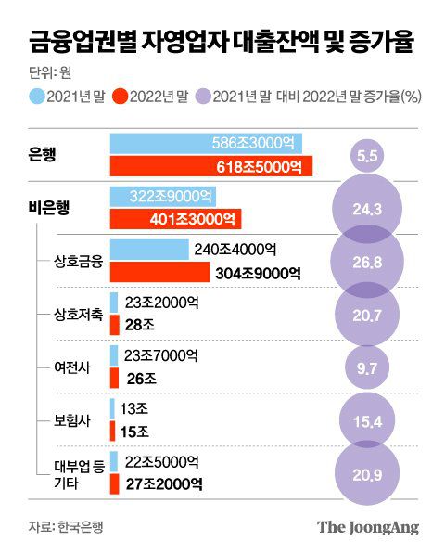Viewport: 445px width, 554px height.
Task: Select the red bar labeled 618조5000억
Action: click(x=211, y=167)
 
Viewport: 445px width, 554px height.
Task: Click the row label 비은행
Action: click(x=49, y=207)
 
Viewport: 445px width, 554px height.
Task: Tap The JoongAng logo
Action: click(x=368, y=527)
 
